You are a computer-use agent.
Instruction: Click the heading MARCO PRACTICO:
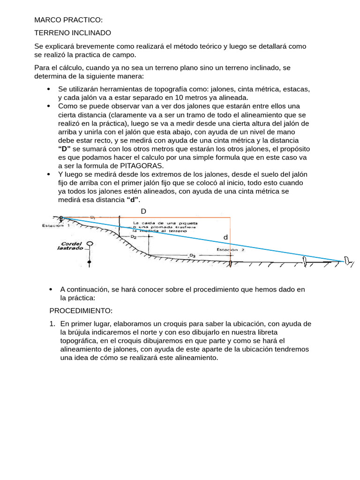[x=68, y=20]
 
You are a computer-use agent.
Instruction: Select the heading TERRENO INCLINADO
[x=73, y=33]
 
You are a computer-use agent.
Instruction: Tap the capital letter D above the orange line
[x=143, y=211]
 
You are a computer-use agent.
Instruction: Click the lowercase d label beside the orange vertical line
[x=225, y=238]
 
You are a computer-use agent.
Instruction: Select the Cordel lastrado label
[x=71, y=246]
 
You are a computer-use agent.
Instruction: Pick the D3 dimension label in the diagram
[x=192, y=255]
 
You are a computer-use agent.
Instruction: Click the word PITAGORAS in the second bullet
[x=142, y=166]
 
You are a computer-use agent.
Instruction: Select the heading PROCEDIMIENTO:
[x=81, y=311]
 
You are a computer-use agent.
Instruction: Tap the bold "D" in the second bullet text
[x=64, y=149]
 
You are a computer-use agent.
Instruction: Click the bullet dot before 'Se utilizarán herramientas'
[x=49, y=89]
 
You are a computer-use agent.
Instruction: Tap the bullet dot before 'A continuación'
[x=51, y=290]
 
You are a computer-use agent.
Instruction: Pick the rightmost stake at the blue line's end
[x=347, y=261]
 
